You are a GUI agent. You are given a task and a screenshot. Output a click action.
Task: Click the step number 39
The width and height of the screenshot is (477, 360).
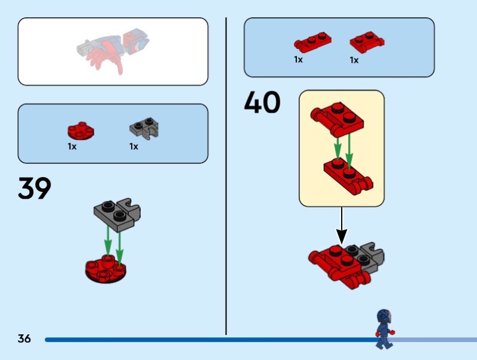[x=35, y=188]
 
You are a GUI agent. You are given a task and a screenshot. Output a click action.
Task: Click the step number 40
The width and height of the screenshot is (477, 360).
[x=262, y=102]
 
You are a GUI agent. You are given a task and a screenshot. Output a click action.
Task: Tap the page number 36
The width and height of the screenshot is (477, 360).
[x=24, y=339]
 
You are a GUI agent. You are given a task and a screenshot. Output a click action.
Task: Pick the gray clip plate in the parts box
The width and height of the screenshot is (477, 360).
[x=144, y=128]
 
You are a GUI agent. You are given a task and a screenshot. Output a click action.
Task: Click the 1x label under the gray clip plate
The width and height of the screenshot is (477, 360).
[x=134, y=147]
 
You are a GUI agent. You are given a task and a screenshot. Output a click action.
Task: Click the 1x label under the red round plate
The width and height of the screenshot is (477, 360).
[x=72, y=147]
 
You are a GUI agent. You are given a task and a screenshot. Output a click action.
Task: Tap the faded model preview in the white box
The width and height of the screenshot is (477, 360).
[x=113, y=50]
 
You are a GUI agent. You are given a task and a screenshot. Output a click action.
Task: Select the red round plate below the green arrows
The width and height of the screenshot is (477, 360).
[x=106, y=269]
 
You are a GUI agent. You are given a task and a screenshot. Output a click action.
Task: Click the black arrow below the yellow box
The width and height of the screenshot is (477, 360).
[x=342, y=226]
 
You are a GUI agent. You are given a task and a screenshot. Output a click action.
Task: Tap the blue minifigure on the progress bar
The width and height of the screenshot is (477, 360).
[x=385, y=329]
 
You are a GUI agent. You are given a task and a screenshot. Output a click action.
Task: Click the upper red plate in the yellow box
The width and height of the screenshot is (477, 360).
[x=337, y=119]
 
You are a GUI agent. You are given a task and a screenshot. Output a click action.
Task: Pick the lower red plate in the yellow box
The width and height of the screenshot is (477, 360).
[x=348, y=176]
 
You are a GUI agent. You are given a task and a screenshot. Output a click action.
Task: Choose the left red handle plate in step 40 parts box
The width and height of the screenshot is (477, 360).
[x=312, y=43]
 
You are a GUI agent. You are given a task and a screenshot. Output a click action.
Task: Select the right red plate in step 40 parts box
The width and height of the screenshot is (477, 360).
[x=367, y=42]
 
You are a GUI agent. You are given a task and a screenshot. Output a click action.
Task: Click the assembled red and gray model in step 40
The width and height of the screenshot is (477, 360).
[x=346, y=265]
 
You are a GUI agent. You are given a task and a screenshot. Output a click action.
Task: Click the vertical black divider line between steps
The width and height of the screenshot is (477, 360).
[x=226, y=176]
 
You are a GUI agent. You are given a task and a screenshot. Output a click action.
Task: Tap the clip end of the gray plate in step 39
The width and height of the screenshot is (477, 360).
[x=130, y=207]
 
